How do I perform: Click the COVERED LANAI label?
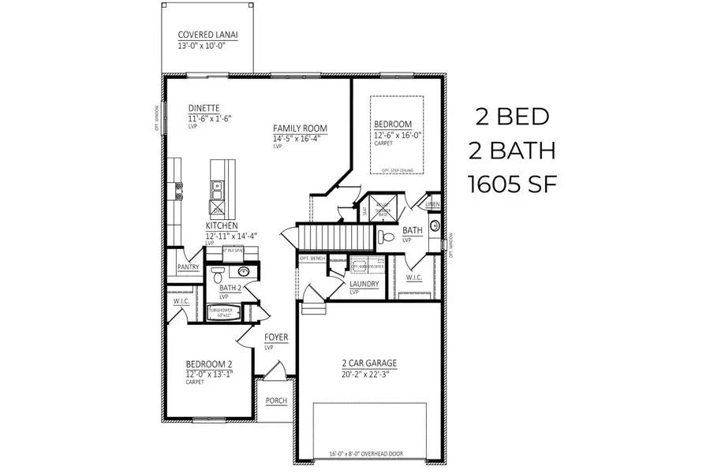point(208,35)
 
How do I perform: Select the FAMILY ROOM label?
point(300,128)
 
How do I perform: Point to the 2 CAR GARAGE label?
point(368,363)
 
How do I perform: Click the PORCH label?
point(276,400)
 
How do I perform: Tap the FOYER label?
point(276,337)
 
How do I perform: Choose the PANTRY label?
point(188,267)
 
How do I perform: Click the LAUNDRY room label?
point(364,284)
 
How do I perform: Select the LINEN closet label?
point(432,205)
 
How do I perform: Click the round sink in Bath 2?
point(244,272)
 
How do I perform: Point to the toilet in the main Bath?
point(386,236)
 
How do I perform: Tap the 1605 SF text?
point(513,184)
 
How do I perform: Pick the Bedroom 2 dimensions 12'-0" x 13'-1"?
point(209,374)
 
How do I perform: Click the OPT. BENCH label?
point(313,259)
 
